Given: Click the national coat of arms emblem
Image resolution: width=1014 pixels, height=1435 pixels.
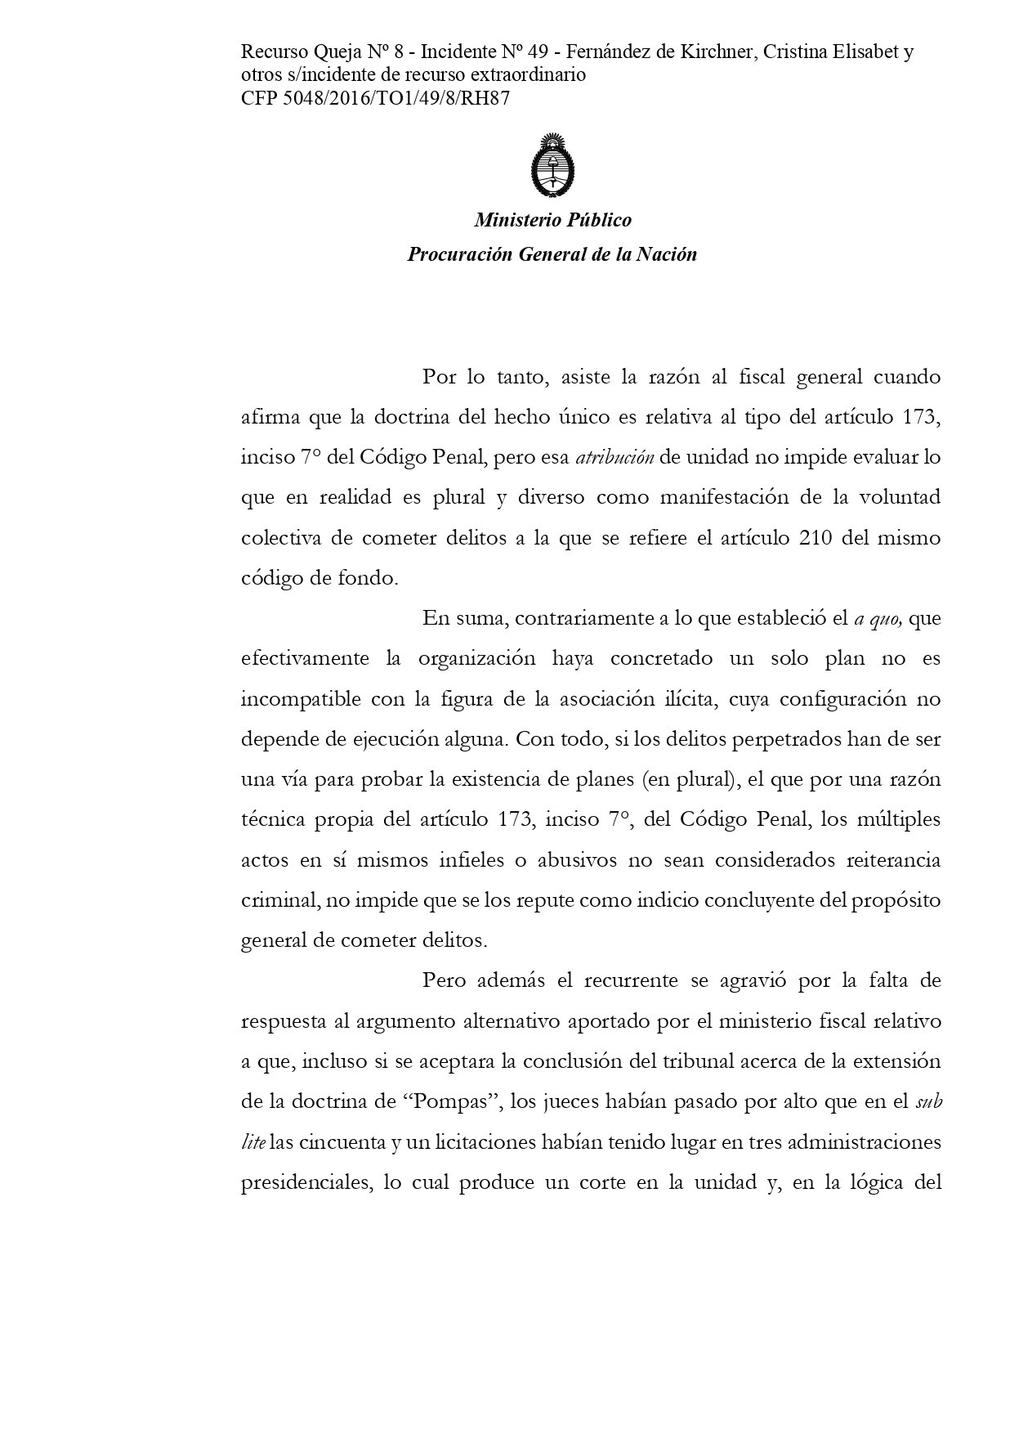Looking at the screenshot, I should (x=552, y=164).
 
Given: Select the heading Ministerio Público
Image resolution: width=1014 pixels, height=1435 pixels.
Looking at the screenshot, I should (x=552, y=220).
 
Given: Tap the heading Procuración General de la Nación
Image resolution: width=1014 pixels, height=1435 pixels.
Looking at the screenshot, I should (x=552, y=254).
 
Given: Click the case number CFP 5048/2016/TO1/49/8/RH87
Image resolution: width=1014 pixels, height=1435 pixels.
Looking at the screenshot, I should (x=376, y=97).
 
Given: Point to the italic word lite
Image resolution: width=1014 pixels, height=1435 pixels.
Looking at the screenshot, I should (x=252, y=1141).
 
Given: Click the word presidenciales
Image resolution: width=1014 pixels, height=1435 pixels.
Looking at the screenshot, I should (x=306, y=1182).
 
